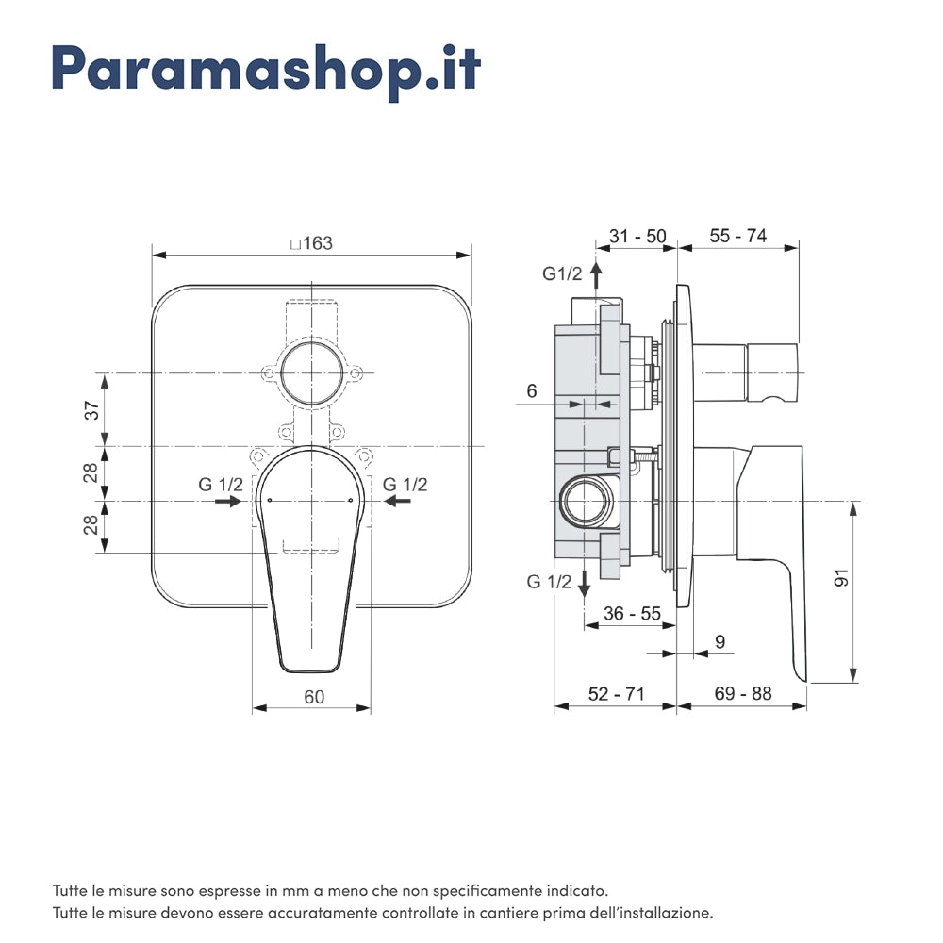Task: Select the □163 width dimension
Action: click(311, 243)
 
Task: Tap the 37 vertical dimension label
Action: click(91, 410)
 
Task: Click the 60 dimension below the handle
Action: click(314, 697)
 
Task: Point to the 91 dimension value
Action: click(842, 577)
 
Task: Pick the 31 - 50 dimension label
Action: click(637, 236)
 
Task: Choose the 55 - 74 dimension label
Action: click(737, 236)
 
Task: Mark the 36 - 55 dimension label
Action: click(632, 613)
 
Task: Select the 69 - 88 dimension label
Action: click(742, 694)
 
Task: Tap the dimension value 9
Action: click(720, 642)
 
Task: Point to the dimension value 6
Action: click(532, 390)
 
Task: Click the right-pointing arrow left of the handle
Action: click(227, 502)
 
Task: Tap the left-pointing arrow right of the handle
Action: click(396, 502)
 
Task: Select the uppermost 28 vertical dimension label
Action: click(91, 472)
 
